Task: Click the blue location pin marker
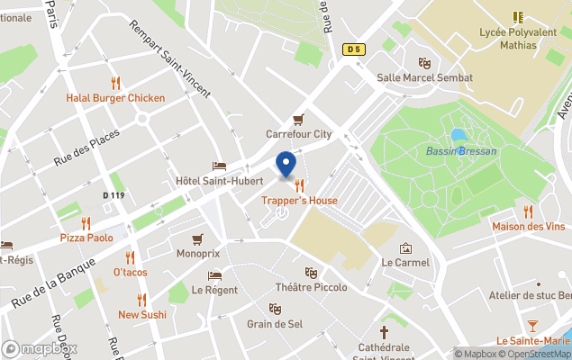click(x=286, y=165)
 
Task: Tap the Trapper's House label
click(x=299, y=201)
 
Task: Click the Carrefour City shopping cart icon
click(x=298, y=120)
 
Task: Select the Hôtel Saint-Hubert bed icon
click(x=219, y=166)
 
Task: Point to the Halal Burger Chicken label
click(x=115, y=98)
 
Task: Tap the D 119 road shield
click(x=113, y=195)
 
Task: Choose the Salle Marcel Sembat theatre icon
click(x=424, y=63)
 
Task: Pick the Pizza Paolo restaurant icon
click(x=86, y=222)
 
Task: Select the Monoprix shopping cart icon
click(x=197, y=239)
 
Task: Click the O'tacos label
click(x=130, y=272)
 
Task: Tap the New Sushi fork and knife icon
click(x=141, y=299)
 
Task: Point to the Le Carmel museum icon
click(x=405, y=247)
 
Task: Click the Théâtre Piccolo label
click(x=311, y=288)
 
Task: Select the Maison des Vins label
click(x=528, y=227)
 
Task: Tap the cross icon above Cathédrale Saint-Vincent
click(x=386, y=331)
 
